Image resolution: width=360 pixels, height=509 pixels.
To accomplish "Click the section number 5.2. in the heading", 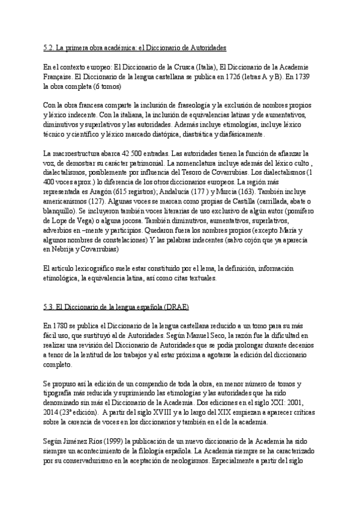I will tap(50, 47).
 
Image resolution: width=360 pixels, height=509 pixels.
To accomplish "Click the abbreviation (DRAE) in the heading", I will tap(173, 307).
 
